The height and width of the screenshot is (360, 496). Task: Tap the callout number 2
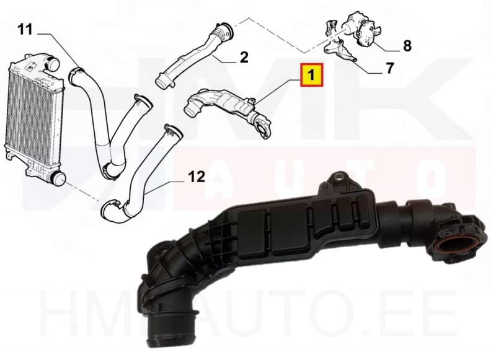pos(244,58)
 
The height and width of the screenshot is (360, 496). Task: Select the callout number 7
pos(389,68)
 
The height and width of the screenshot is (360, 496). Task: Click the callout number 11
pos(24,29)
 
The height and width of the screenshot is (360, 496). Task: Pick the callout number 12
pos(196,177)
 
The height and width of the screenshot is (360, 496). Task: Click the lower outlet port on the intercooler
pos(57,179)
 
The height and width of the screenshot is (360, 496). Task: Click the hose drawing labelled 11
pos(99,118)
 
